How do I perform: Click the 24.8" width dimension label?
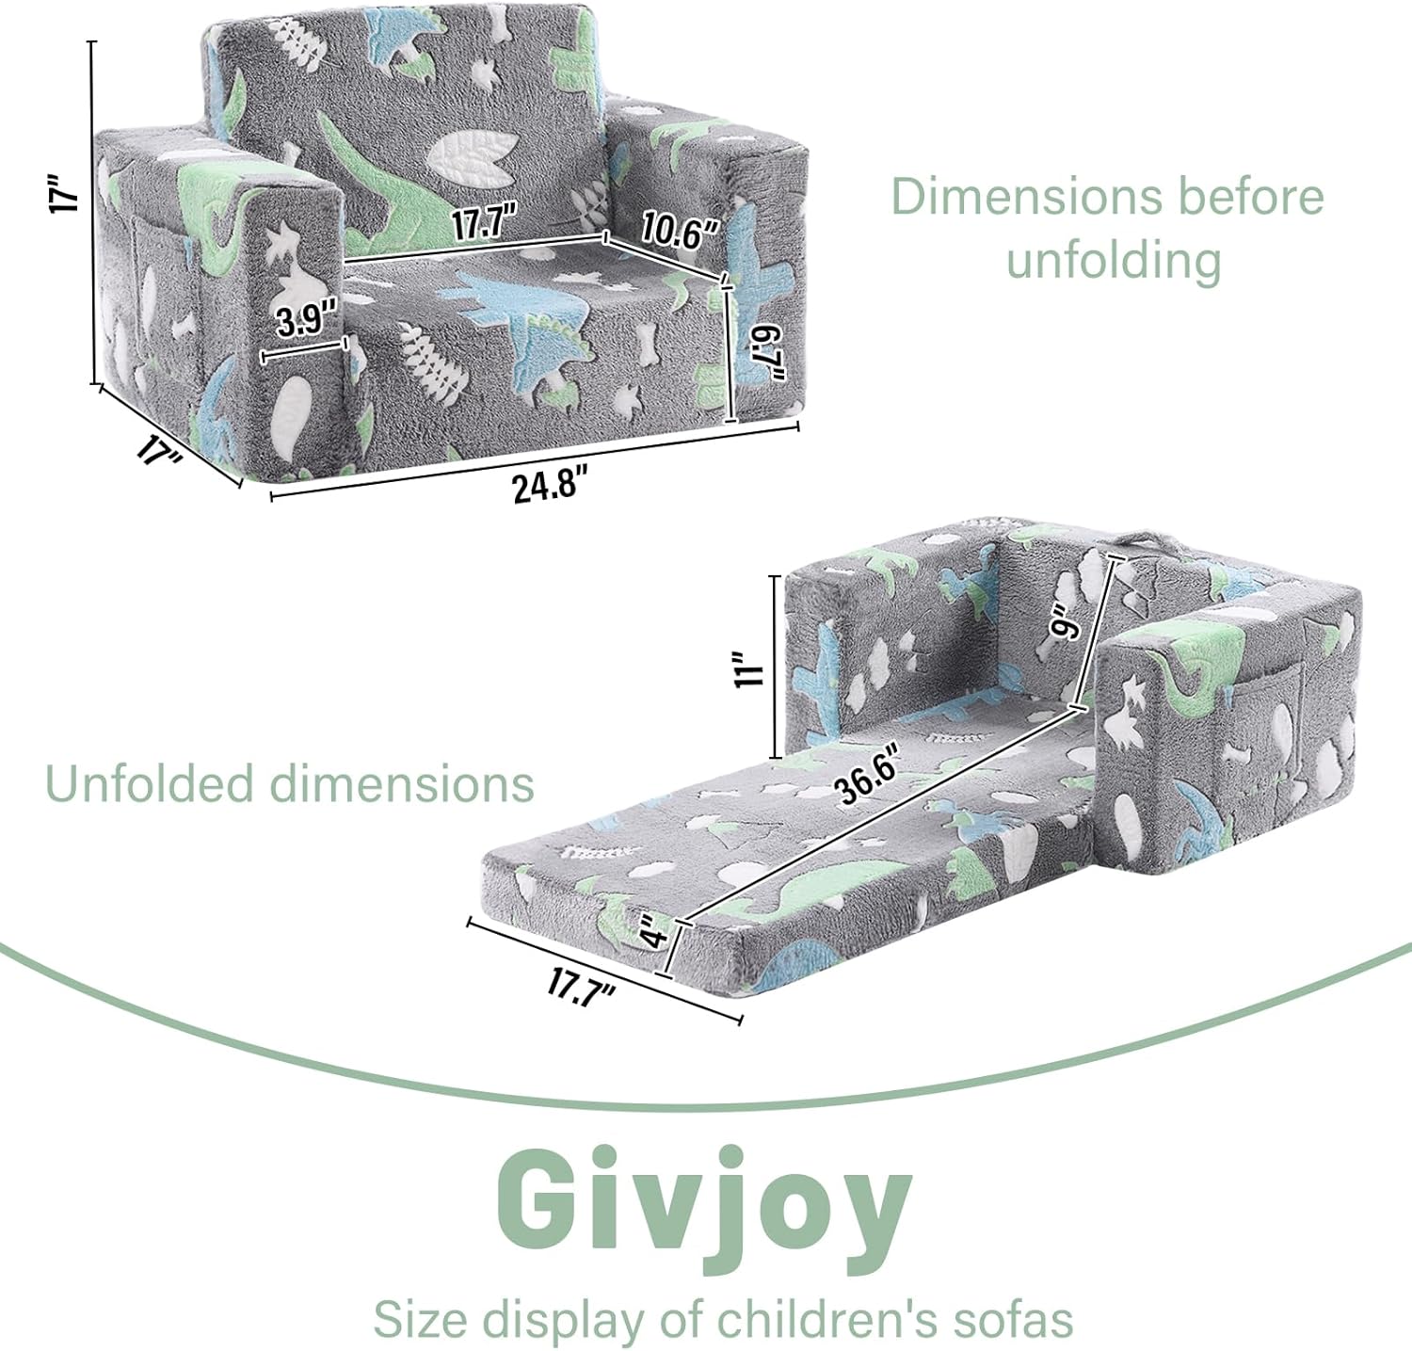550,486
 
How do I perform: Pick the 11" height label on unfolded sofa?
749,667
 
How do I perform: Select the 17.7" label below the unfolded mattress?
582,988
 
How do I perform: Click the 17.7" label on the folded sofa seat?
485,224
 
